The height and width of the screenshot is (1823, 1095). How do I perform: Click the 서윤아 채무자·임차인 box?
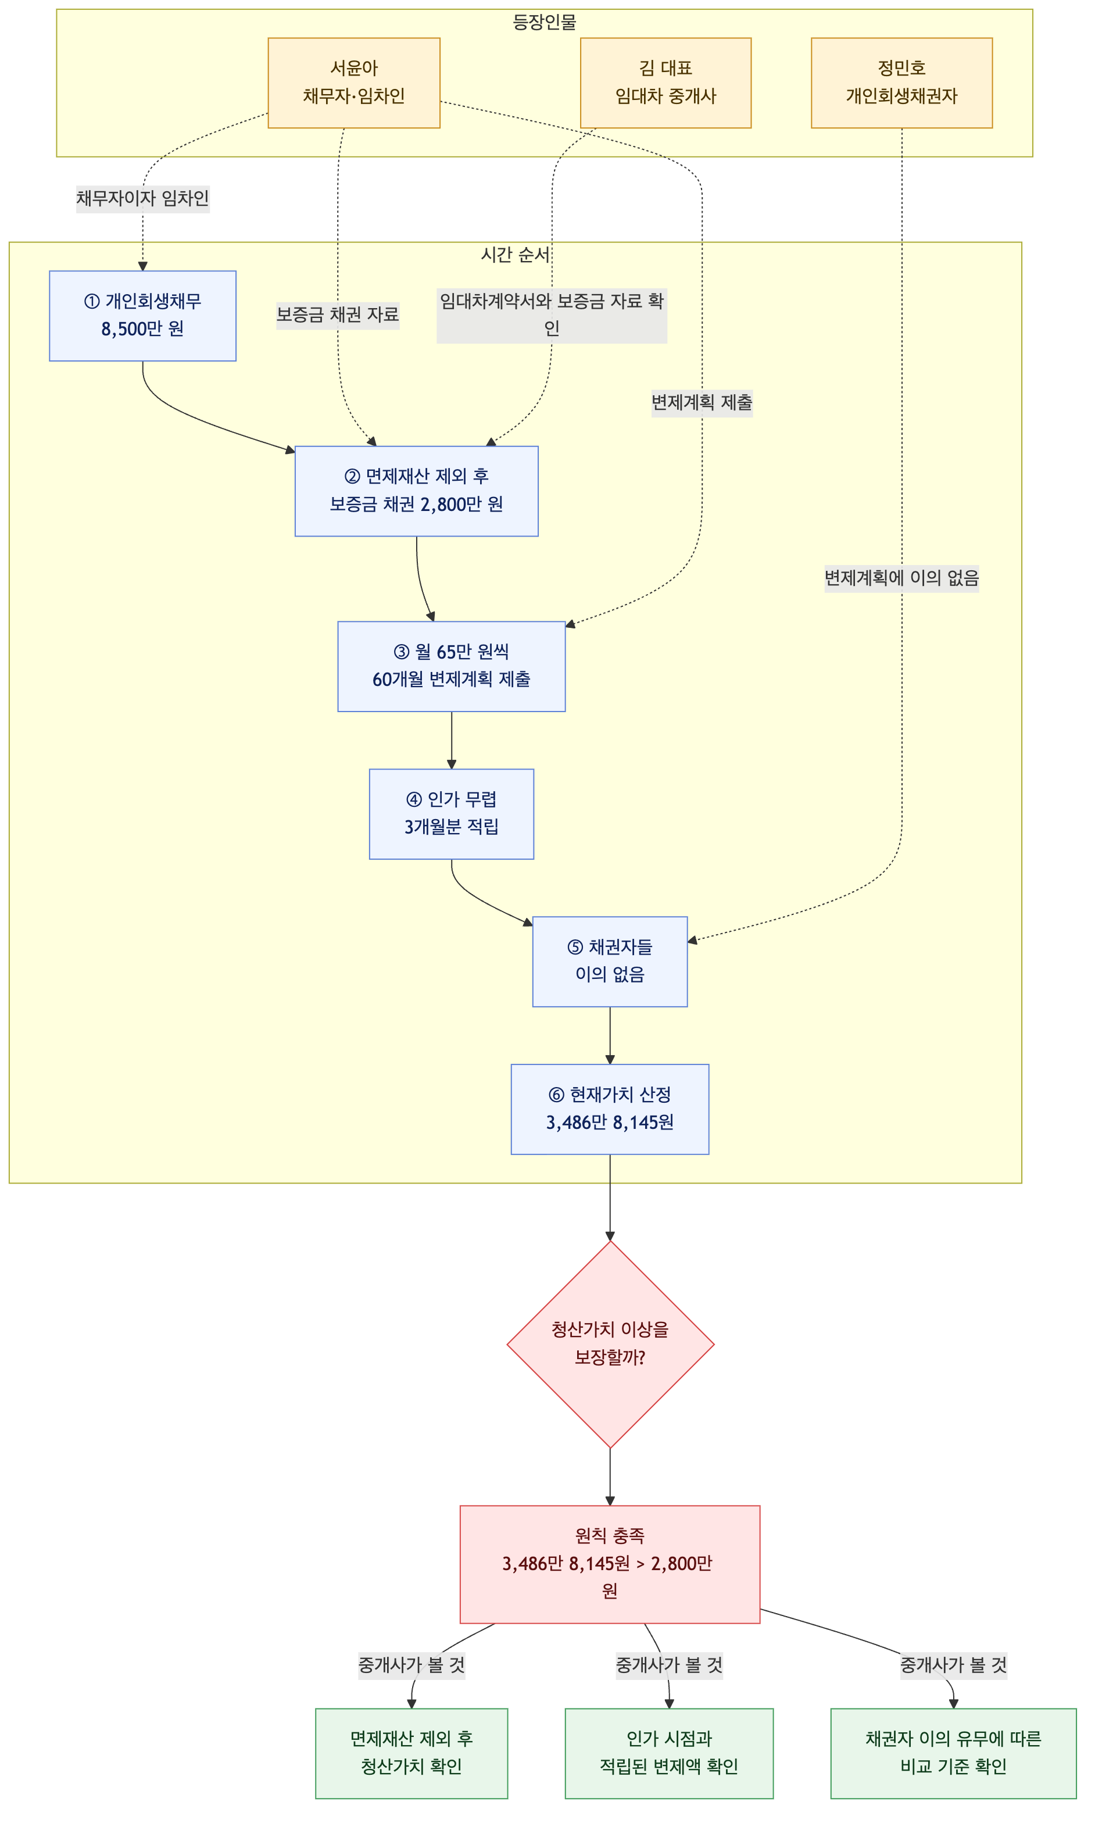(354, 83)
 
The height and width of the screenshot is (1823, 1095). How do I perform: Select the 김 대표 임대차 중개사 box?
(665, 83)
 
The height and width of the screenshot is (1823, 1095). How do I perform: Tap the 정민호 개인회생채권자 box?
(901, 83)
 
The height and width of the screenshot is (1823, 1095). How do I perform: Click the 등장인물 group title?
(545, 22)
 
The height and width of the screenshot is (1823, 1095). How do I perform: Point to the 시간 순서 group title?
(515, 255)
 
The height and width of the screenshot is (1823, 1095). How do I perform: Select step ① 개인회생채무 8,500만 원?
(142, 316)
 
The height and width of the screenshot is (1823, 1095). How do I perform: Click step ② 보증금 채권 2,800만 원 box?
(416, 491)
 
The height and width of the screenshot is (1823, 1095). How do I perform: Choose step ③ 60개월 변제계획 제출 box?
(452, 666)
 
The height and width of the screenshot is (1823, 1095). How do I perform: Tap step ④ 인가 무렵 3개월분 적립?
(452, 814)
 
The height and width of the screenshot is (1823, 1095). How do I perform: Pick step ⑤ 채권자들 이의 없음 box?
(610, 961)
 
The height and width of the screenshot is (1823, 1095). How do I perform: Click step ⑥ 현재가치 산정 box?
(610, 1109)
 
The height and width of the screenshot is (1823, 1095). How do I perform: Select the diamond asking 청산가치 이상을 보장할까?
(610, 1344)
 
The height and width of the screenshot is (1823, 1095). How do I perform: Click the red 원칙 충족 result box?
(610, 1564)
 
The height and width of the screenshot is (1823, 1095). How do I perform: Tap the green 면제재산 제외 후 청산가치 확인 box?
(411, 1753)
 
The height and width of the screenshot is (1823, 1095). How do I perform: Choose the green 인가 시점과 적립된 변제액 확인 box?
(669, 1753)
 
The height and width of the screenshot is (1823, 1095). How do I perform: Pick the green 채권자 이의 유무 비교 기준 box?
(953, 1753)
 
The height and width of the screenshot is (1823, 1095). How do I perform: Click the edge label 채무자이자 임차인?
(142, 198)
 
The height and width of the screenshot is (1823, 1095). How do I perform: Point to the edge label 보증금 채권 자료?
(338, 315)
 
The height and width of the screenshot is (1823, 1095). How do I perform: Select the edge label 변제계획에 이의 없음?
(901, 578)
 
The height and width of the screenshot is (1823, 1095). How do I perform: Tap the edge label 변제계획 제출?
(702, 403)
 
